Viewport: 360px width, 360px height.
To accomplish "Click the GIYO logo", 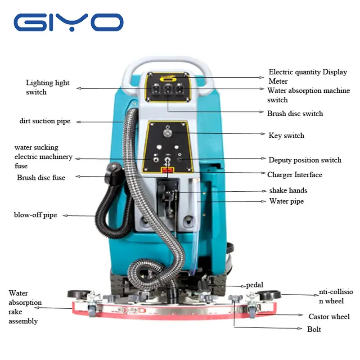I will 68,22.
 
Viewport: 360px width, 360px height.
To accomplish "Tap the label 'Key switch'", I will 286,135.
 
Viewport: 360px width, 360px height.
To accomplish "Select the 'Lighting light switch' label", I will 48,87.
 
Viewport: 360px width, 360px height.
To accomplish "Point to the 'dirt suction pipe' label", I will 45,121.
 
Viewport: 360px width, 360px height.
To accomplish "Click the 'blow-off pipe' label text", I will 36,215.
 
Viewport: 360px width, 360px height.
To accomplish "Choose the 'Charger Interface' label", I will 295,175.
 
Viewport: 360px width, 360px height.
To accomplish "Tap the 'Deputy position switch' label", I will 305,160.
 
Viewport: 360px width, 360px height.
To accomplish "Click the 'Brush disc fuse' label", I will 41,177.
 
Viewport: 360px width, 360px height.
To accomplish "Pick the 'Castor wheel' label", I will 329,317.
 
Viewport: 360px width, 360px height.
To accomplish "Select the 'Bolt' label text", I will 314,329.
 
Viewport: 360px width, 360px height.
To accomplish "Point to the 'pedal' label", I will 255,285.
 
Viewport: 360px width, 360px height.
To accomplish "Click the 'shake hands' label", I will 288,190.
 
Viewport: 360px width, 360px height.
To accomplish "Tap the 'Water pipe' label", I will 286,201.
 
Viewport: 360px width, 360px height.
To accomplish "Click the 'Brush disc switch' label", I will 295,113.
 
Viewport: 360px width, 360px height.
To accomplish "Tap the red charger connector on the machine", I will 167,170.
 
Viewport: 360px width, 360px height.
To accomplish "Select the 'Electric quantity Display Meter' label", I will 308,76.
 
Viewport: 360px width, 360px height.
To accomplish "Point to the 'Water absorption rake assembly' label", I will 25,307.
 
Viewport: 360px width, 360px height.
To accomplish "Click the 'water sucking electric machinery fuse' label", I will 43,157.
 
